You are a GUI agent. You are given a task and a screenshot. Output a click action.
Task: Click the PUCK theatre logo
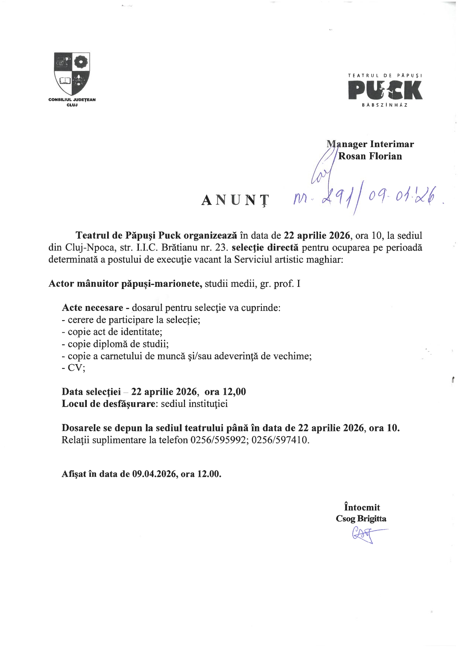click(x=385, y=90)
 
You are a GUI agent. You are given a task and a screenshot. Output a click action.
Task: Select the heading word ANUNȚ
click(x=235, y=200)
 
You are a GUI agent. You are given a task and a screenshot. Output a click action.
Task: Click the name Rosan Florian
click(x=370, y=156)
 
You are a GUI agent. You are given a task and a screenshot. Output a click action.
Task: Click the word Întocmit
click(x=362, y=507)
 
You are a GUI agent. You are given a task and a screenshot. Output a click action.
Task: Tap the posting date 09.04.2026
click(x=153, y=474)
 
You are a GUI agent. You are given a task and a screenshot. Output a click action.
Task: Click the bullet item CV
click(x=76, y=368)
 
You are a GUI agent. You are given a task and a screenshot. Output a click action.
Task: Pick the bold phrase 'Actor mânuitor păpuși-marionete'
click(x=125, y=284)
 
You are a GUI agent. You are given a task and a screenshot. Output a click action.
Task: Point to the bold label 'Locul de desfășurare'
click(x=108, y=404)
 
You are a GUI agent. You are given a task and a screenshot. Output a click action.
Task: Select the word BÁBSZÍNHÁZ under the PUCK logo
click(x=385, y=105)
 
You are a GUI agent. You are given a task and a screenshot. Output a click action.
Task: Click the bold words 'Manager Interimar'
click(x=370, y=144)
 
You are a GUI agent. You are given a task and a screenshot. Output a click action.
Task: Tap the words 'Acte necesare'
click(x=92, y=308)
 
